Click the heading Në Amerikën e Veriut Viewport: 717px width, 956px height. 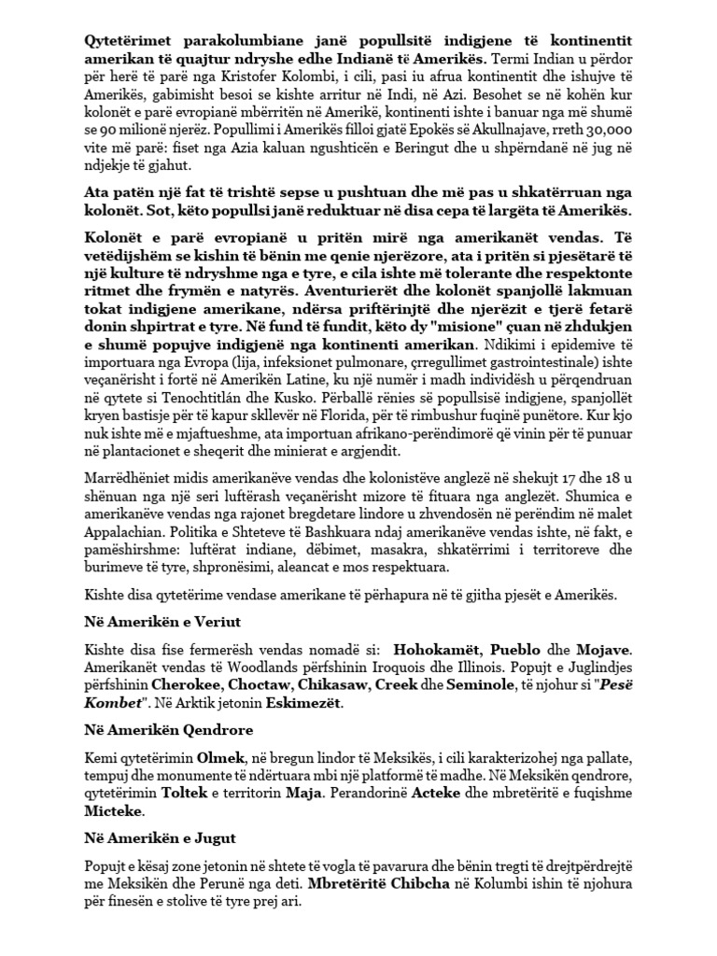[156, 621]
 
